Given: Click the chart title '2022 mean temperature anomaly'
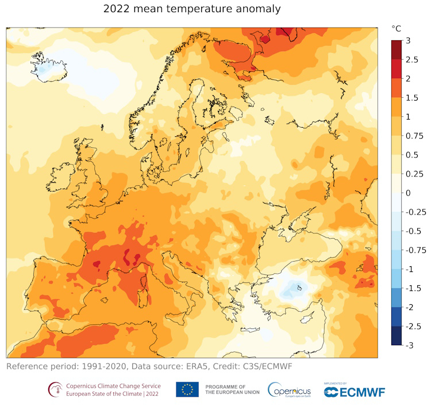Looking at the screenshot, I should pos(192,9).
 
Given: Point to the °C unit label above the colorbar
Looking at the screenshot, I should pos(397,28).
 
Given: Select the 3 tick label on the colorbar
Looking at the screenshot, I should pos(407,40).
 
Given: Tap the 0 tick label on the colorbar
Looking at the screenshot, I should pos(407,193).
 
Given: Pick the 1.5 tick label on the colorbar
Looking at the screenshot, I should pos(410,97).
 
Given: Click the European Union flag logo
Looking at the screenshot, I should pos(187,389).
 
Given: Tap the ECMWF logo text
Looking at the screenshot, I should pos(362,392).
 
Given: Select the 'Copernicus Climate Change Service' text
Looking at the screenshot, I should pos(113,385).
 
